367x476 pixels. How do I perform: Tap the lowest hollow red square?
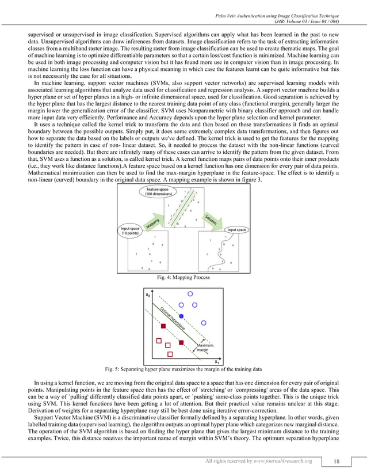(169, 353)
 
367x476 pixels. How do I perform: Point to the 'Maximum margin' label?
(205, 347)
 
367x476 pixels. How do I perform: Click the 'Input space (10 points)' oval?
(130, 231)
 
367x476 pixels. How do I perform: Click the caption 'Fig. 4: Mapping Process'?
(183, 278)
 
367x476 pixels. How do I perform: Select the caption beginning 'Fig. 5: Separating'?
(183, 369)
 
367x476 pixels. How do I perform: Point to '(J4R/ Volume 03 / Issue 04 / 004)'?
(315, 21)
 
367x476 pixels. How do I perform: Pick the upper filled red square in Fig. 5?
(164, 326)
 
